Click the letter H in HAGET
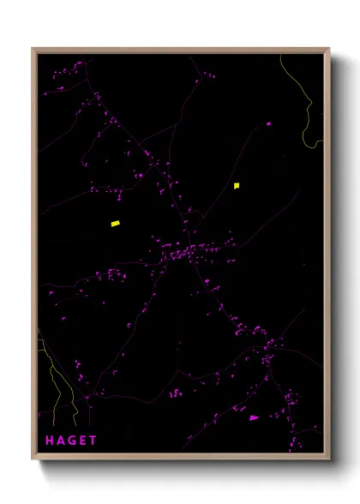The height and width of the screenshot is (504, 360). coord(50,441)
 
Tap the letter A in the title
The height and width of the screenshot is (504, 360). coord(61,441)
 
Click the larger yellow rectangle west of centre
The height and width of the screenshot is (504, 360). coord(115,224)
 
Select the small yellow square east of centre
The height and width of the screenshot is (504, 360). coord(237,184)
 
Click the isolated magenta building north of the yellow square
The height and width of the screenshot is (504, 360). coord(268,124)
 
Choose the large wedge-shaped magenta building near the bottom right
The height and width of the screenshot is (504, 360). coord(253,417)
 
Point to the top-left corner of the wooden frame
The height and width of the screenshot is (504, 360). coord(33,49)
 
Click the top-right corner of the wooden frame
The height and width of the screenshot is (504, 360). coord(329,49)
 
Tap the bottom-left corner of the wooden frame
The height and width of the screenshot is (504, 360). coord(33,459)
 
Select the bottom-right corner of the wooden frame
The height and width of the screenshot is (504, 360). coord(329,459)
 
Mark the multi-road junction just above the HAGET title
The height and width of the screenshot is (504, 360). coord(87,397)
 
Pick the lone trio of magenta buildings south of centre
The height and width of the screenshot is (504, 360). coord(175,393)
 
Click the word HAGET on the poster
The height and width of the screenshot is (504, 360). coord(71,441)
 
